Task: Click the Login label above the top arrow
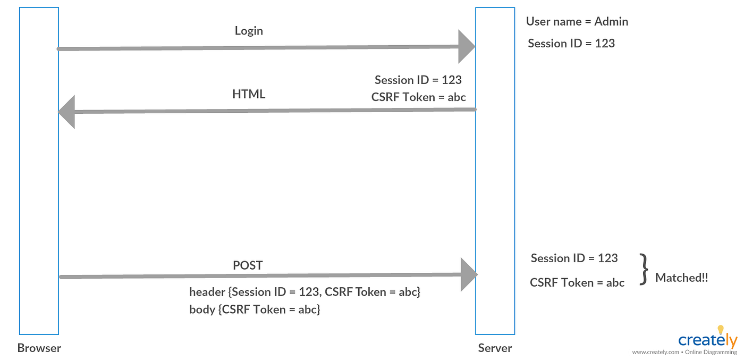tap(249, 31)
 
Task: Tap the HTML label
tap(249, 94)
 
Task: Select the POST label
tap(248, 265)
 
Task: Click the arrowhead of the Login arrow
tap(467, 47)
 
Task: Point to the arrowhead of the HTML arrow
tap(66, 112)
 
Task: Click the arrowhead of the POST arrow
tap(469, 274)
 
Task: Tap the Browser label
tap(39, 348)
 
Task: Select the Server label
tap(495, 348)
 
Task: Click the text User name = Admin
tap(577, 22)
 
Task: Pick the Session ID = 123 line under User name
tap(571, 43)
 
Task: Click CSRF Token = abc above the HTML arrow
tap(419, 97)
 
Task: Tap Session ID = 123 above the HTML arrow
tap(418, 80)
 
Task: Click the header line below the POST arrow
tap(305, 292)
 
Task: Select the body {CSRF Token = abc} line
tap(255, 309)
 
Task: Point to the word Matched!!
tap(681, 278)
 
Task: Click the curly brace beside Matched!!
tap(644, 270)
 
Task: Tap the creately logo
tap(707, 340)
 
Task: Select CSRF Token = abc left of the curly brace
tap(577, 282)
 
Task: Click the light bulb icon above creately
tap(721, 330)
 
